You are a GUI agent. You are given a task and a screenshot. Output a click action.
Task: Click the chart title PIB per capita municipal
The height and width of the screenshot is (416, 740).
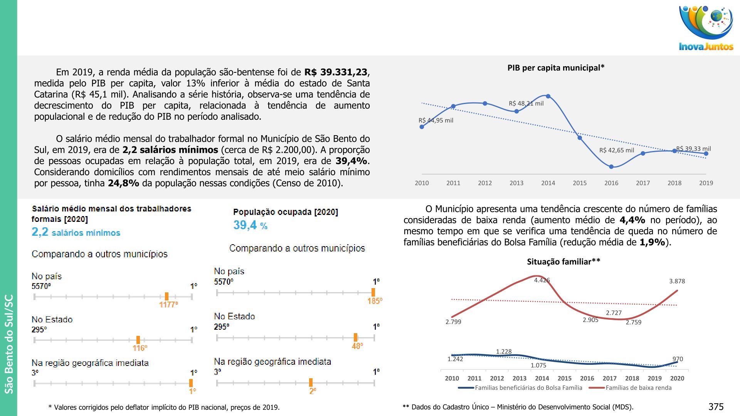(555, 68)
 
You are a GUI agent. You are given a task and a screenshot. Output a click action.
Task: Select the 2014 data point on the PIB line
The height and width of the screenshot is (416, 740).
(548, 96)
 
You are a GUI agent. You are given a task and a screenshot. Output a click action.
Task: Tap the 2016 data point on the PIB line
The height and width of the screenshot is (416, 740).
(611, 167)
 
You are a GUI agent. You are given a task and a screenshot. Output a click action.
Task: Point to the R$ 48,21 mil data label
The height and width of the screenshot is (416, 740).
(526, 103)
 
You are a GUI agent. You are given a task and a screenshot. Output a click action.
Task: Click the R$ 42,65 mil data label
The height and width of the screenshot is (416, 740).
(616, 150)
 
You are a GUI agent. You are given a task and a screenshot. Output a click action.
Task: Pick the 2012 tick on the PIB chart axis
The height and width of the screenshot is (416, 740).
(485, 183)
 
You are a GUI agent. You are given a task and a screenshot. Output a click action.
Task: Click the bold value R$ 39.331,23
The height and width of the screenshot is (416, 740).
(336, 72)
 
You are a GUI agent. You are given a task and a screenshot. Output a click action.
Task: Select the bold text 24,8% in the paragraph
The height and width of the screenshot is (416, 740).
(123, 183)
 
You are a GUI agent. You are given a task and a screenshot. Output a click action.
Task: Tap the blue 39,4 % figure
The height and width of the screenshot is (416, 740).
(250, 225)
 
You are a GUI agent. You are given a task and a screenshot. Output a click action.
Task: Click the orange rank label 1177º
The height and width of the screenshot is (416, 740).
(168, 305)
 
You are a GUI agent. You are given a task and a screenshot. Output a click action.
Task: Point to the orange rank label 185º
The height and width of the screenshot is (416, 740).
(375, 301)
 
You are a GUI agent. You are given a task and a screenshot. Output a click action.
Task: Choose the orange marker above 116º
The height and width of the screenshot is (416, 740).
(138, 340)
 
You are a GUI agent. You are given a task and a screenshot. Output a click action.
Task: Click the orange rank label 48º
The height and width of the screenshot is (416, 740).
(357, 346)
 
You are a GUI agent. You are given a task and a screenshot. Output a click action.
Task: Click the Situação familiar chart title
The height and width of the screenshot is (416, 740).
(563, 262)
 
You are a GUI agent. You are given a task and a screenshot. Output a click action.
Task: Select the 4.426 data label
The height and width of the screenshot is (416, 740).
(542, 280)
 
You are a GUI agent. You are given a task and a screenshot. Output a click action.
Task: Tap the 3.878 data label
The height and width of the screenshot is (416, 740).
(677, 281)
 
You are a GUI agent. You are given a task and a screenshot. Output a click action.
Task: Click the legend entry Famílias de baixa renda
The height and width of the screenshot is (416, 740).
(638, 387)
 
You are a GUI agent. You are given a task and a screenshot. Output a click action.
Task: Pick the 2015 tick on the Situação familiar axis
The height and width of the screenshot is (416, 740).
(564, 378)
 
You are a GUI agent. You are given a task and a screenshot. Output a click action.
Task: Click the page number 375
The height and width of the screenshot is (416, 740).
(716, 407)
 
